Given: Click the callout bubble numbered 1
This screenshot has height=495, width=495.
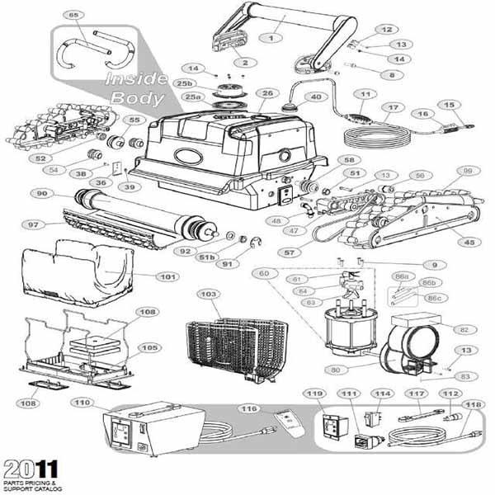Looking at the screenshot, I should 271,38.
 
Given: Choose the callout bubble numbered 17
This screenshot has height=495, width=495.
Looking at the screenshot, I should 393,107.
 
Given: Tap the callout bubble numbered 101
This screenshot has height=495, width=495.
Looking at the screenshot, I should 167,277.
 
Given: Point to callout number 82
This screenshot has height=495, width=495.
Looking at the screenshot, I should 463,328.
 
